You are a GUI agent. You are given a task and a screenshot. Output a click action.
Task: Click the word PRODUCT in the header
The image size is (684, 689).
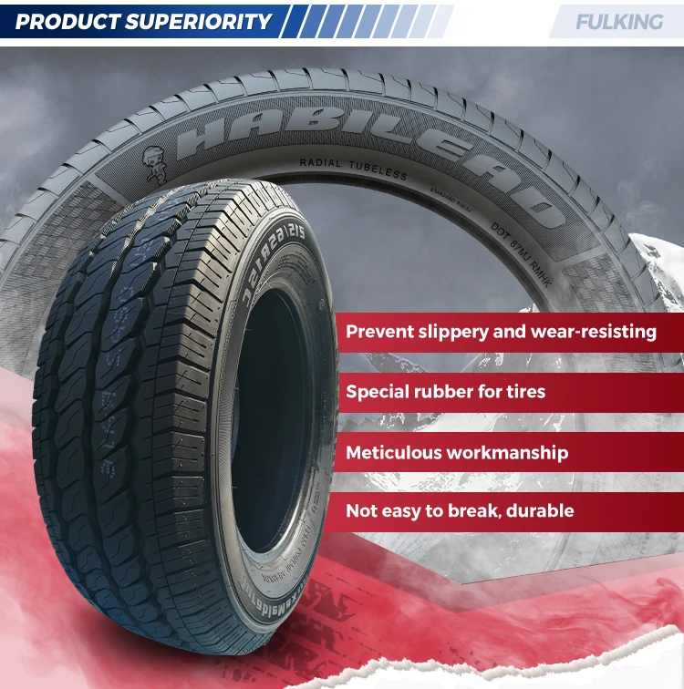coord(67,21)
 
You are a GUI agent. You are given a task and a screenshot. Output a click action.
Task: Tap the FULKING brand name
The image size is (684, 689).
coord(619,21)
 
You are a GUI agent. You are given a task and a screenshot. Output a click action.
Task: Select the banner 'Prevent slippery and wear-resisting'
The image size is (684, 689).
coord(501,332)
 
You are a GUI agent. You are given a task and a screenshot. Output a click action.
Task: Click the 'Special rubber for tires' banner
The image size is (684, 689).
coord(445,392)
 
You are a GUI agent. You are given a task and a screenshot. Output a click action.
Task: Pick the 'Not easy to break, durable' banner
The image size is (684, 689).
coord(460,511)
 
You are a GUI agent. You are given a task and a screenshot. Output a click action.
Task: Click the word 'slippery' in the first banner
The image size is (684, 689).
coord(450,332)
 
